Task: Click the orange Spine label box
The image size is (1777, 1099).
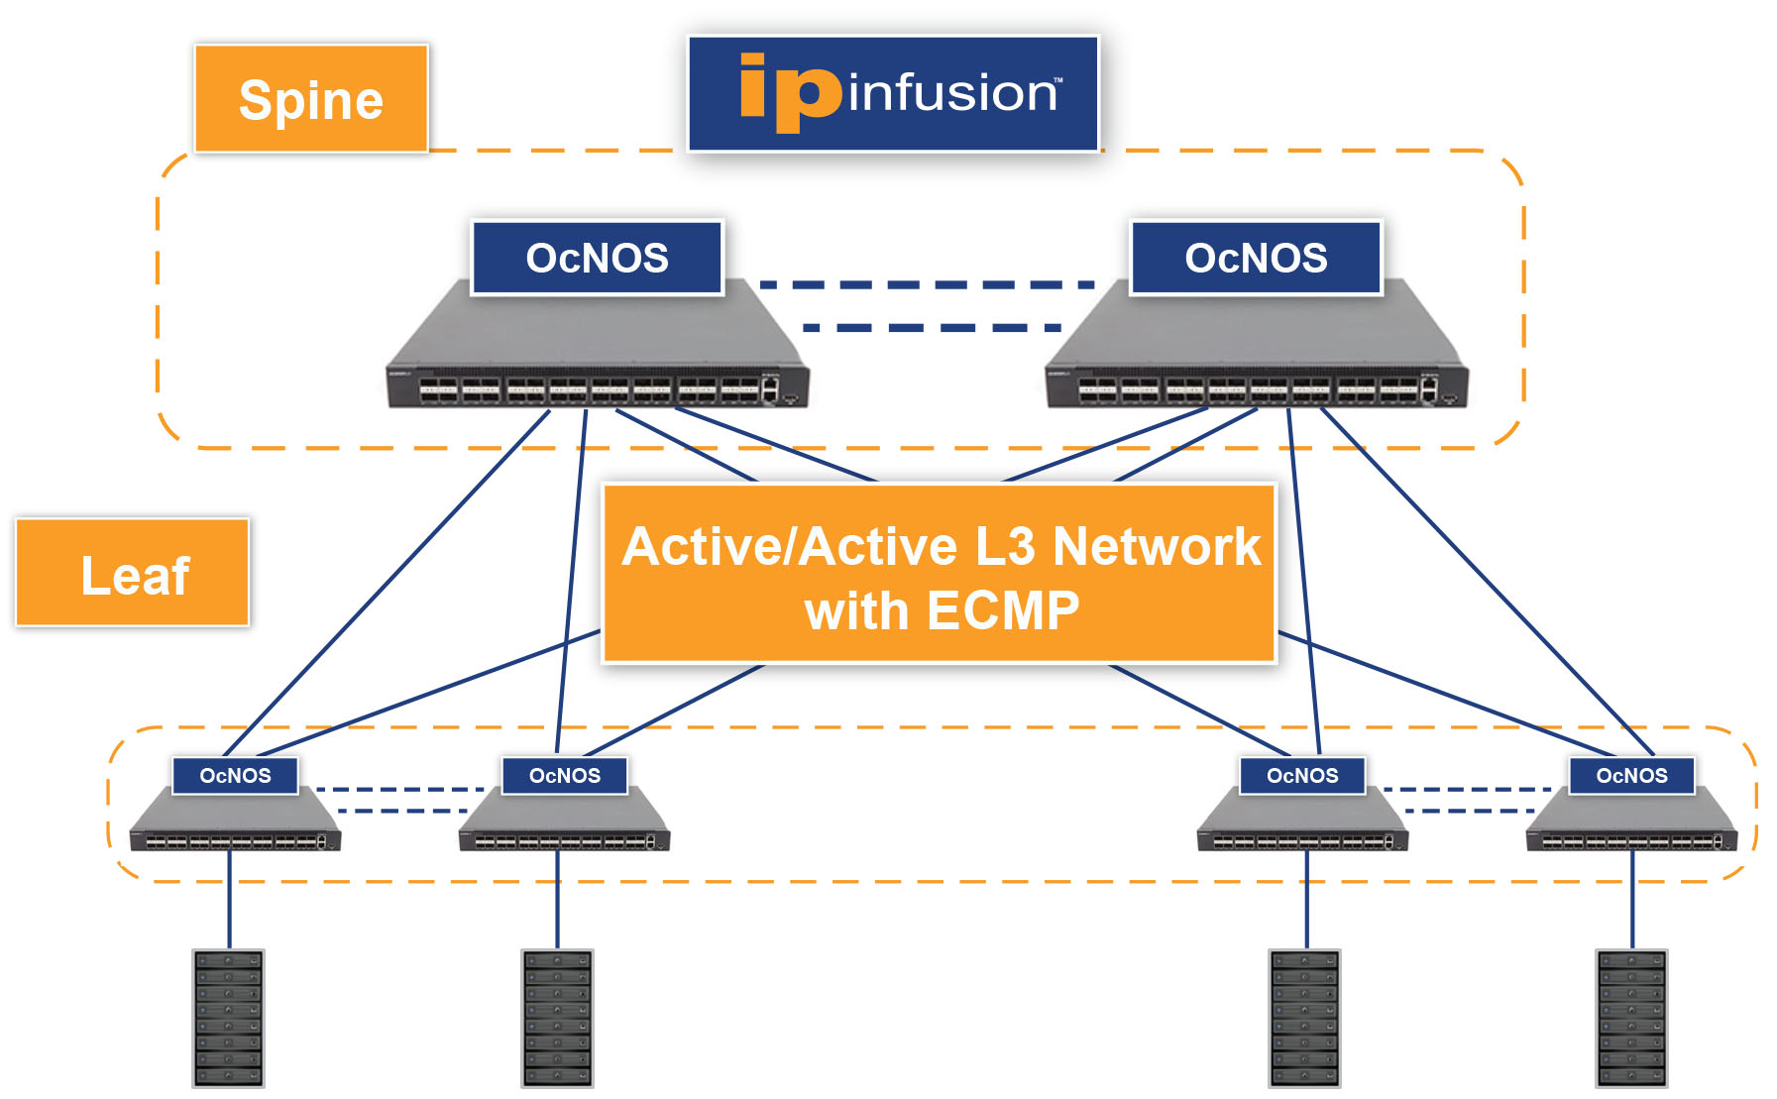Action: (x=311, y=99)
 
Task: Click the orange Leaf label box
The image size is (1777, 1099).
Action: (x=133, y=573)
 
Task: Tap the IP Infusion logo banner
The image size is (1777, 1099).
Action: (x=893, y=94)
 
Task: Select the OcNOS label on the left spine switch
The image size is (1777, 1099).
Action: (x=597, y=258)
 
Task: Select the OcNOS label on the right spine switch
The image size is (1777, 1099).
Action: (x=1256, y=258)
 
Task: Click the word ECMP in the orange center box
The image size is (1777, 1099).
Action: (x=1003, y=610)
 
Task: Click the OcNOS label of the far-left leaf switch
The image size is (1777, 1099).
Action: (x=235, y=775)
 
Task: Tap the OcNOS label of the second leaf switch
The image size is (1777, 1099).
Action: (x=564, y=775)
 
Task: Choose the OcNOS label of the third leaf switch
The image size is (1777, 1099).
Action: (x=1302, y=775)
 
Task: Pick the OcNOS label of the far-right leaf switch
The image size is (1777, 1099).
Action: (x=1631, y=775)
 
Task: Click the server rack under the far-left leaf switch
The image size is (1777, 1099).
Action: (x=228, y=1018)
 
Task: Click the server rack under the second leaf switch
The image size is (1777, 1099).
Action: (x=557, y=1018)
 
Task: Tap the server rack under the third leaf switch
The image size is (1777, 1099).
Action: (x=1304, y=1018)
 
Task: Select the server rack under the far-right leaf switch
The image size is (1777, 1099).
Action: (x=1631, y=1018)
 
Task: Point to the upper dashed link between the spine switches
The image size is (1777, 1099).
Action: (x=927, y=284)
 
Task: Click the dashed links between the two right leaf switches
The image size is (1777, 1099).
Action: (x=1467, y=800)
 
